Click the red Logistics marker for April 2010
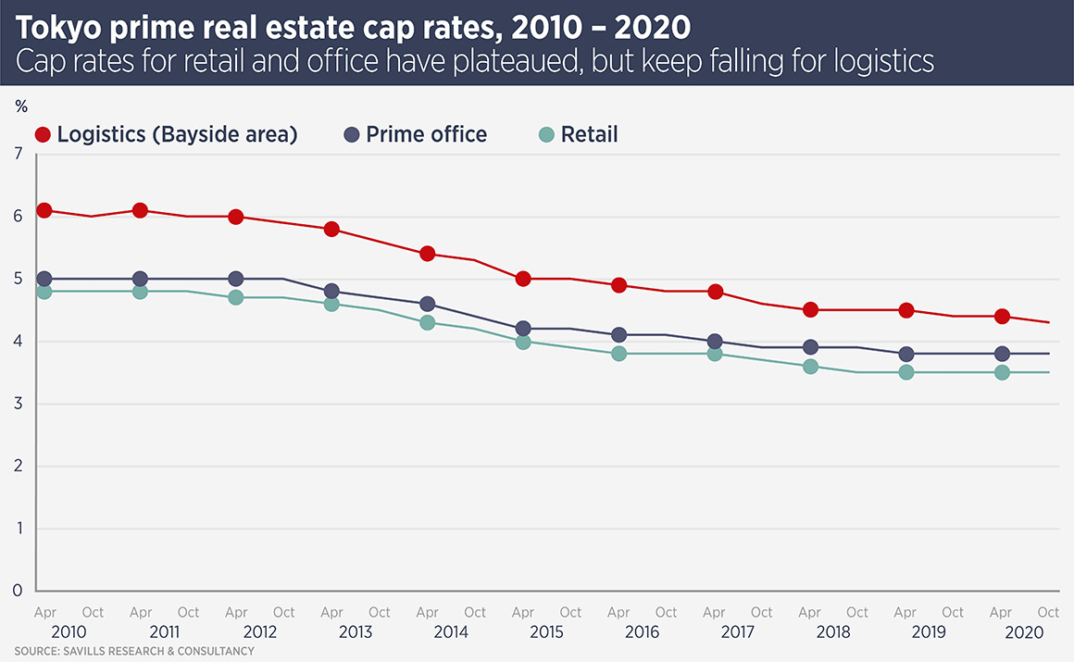click(44, 210)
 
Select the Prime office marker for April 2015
click(523, 329)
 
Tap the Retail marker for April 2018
click(810, 366)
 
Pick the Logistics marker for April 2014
click(428, 254)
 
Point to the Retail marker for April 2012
click(236, 297)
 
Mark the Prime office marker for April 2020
click(1002, 354)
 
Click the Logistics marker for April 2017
click(715, 292)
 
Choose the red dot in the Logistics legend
click(43, 134)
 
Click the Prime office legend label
click(426, 134)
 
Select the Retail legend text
click(589, 134)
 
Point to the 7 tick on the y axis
click(18, 155)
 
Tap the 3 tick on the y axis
click(18, 404)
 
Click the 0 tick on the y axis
click(18, 590)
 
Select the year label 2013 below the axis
click(355, 632)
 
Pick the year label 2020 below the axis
click(1025, 632)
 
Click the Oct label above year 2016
click(666, 612)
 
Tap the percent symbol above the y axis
click(21, 106)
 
